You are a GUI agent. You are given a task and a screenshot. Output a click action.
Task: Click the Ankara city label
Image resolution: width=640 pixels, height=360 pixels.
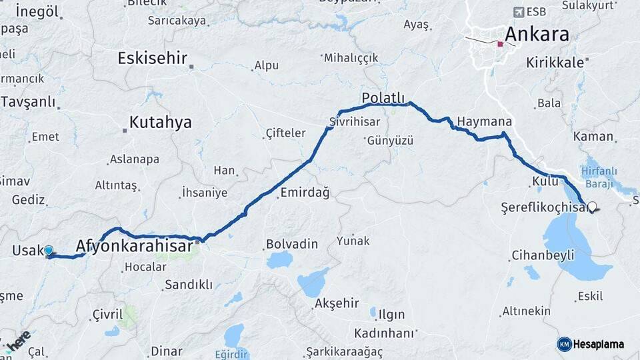(537, 34)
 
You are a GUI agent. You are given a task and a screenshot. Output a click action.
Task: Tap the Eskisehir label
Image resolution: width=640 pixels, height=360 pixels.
(152, 58)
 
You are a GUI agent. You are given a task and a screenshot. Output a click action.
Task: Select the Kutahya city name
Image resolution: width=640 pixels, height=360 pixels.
(160, 122)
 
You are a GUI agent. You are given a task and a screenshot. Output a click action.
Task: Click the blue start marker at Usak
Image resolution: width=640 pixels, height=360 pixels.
(48, 251)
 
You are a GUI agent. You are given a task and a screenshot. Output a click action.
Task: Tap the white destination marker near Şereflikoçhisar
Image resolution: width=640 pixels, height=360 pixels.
(591, 207)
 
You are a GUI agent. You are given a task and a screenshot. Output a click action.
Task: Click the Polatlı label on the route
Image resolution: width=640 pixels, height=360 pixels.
(383, 99)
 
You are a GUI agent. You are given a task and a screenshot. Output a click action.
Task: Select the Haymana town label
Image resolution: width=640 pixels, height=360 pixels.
(485, 122)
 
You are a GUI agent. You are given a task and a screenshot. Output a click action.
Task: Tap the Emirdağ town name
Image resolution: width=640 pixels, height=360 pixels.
(305, 193)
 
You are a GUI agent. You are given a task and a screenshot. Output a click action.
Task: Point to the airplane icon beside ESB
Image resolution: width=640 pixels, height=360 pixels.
(519, 12)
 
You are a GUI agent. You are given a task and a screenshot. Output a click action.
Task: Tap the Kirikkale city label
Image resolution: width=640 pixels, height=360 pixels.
(555, 62)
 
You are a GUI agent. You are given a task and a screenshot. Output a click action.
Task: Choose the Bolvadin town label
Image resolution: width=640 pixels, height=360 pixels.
(292, 243)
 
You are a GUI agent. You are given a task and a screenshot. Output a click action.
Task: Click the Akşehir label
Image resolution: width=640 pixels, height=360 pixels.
(336, 303)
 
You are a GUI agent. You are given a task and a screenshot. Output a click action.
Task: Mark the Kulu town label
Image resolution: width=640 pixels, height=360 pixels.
(545, 181)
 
